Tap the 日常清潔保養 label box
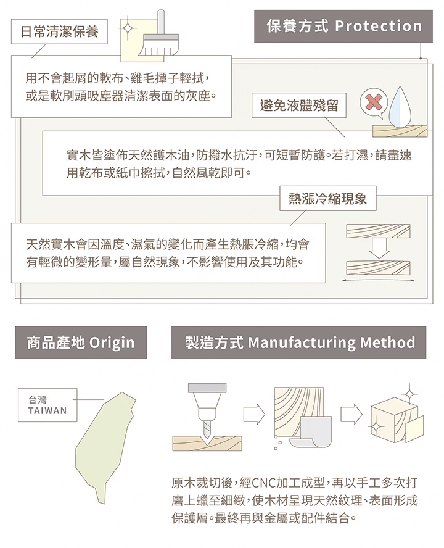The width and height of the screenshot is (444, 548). (x=59, y=31)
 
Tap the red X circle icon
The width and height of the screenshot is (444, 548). (x=372, y=103)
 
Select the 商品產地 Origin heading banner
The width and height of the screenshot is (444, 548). (x=81, y=342)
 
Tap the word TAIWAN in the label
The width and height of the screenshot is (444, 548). (x=47, y=411)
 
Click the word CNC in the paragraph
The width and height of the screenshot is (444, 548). (x=266, y=482)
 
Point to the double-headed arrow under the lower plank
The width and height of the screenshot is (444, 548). (x=377, y=280)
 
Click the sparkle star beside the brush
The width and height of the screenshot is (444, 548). (x=127, y=28)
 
